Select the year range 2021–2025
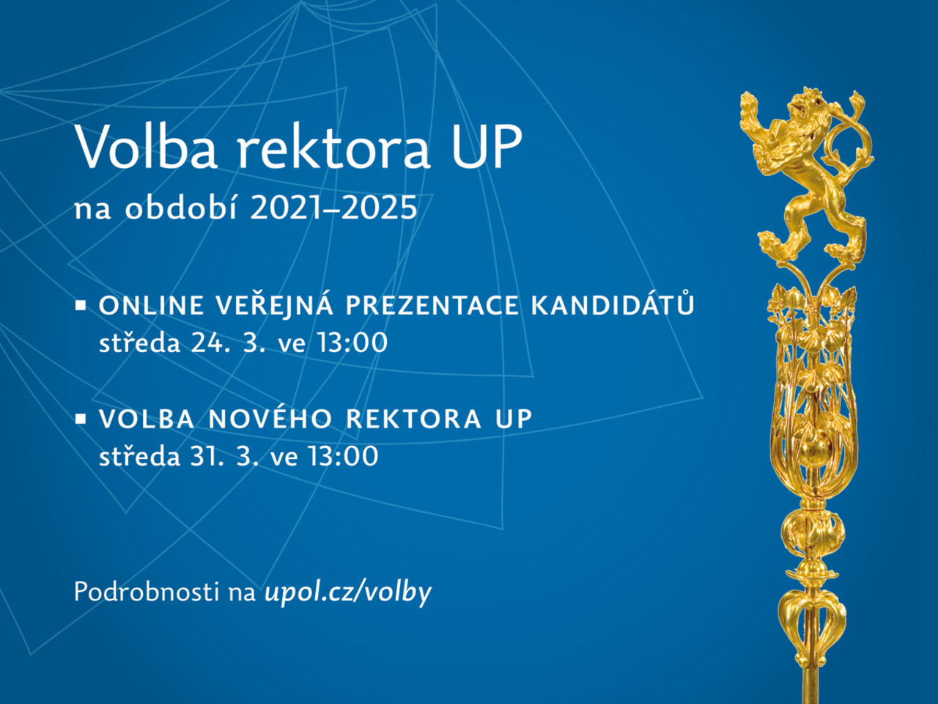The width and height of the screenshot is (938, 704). pyautogui.click(x=333, y=209)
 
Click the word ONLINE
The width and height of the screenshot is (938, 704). pyautogui.click(x=152, y=306)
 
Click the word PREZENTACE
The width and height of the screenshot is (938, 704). pyautogui.click(x=432, y=306)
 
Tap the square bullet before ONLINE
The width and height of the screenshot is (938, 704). pyautogui.click(x=81, y=306)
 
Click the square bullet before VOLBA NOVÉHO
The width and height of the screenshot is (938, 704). pyautogui.click(x=81, y=419)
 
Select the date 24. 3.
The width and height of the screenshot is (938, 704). pyautogui.click(x=230, y=342)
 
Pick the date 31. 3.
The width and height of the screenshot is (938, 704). pyautogui.click(x=226, y=455)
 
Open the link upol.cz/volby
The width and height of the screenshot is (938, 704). pyautogui.click(x=348, y=593)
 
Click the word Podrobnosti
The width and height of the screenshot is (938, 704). pyautogui.click(x=147, y=592)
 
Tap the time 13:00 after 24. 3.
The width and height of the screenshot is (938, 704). pyautogui.click(x=352, y=342)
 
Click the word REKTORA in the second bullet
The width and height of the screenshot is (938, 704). pyautogui.click(x=413, y=419)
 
